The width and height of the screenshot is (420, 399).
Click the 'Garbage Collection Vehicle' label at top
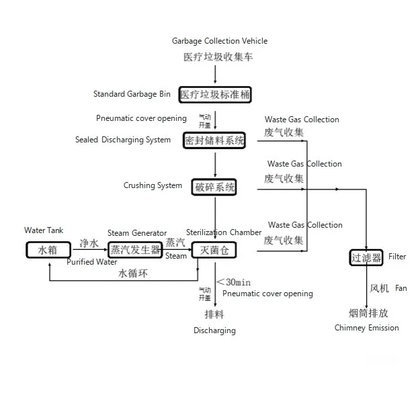[x=220, y=42]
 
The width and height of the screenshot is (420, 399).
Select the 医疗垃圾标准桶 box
[x=215, y=95]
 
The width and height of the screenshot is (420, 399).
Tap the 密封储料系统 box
[x=214, y=140]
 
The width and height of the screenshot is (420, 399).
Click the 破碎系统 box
[x=214, y=187]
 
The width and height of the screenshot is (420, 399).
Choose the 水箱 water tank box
[x=48, y=250]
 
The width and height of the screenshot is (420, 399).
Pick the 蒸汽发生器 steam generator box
[x=136, y=250]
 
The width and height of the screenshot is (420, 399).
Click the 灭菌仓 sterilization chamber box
[x=214, y=250]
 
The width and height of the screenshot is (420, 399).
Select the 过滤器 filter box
[x=366, y=257]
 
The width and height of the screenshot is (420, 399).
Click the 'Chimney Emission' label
[x=366, y=328]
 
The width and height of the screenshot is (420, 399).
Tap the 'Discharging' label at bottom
[x=214, y=330]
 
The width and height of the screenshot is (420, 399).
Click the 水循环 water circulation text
[x=132, y=273]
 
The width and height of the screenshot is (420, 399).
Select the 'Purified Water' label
[x=92, y=262]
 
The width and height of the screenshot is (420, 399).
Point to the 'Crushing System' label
[x=153, y=185]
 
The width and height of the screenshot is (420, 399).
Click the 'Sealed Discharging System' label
[x=122, y=140]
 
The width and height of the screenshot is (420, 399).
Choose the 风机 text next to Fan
[x=379, y=289]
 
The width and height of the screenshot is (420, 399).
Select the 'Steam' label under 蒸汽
[x=176, y=256]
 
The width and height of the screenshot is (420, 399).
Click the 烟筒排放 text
[x=368, y=313]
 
